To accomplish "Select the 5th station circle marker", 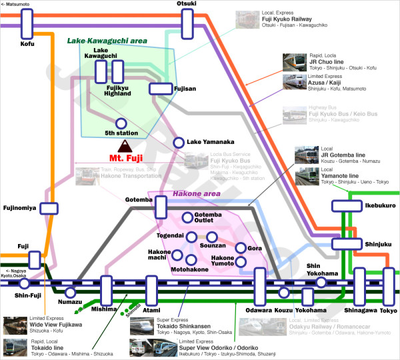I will (121, 123).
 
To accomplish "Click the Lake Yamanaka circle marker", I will (179, 142).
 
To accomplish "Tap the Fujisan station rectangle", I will (161, 88).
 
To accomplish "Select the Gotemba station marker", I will (161, 207).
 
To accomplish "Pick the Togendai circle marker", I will (191, 237).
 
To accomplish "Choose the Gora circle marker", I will (241, 248).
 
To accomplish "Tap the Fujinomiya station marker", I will (49, 208).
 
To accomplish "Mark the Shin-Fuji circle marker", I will (25, 283).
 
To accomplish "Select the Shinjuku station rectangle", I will (346, 243).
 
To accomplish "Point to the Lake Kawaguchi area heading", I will (107, 41).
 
